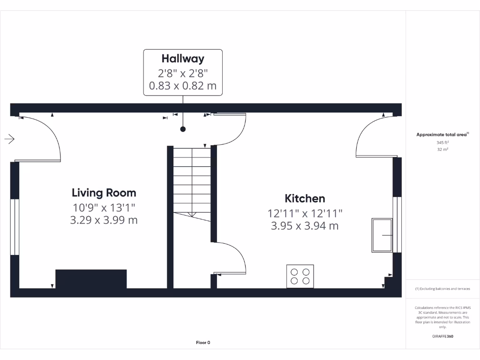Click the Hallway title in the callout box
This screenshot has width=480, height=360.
[x=183, y=59]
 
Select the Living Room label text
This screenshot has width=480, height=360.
[x=104, y=193]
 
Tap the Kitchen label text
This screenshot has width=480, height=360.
[x=305, y=198]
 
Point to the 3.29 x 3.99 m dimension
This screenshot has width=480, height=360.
[x=104, y=220]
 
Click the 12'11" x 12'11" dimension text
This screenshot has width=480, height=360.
[x=305, y=213]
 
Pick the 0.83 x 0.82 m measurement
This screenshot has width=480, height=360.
[x=183, y=86]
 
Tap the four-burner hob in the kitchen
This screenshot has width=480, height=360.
[x=300, y=276]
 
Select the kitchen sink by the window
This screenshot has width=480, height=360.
[x=382, y=235]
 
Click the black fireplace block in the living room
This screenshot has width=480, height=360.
[x=91, y=279]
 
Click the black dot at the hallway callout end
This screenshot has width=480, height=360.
[x=183, y=129]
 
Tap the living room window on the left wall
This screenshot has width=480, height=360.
[x=15, y=227]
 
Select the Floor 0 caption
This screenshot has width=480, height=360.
[x=203, y=343]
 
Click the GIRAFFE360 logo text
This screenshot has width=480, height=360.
[x=443, y=336]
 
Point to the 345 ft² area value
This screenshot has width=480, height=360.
[x=443, y=142]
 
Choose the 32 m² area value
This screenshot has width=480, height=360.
[x=443, y=150]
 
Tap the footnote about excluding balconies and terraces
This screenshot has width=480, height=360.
[x=443, y=289]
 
